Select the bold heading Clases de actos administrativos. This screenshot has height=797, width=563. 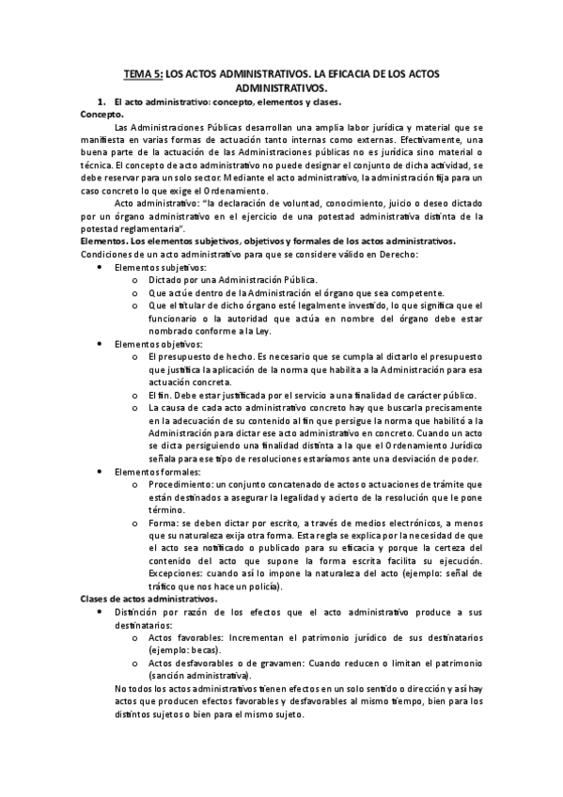point(149,599)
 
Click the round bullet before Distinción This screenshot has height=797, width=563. point(101,612)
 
